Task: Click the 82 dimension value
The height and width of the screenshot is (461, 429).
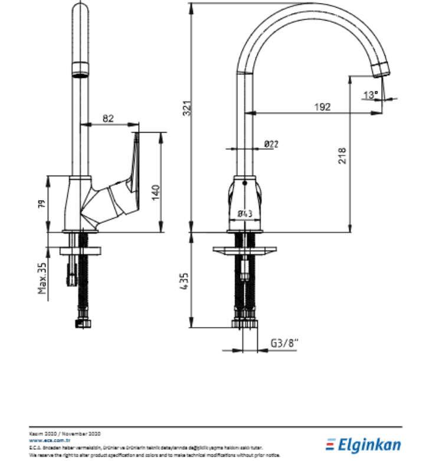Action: pos(108,118)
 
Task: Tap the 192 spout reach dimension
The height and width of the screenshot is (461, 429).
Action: pos(322,107)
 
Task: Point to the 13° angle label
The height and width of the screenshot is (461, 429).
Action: pos(370,94)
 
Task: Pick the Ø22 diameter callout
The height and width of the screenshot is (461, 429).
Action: pos(271,143)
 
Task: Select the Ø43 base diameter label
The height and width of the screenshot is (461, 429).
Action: pos(245,213)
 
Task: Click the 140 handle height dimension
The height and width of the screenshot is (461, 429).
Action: pos(156,193)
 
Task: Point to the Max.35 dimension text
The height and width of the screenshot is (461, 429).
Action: pos(42,278)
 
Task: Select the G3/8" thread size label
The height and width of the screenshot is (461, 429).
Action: pos(286,342)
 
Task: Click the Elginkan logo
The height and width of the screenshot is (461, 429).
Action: pos(365,444)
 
